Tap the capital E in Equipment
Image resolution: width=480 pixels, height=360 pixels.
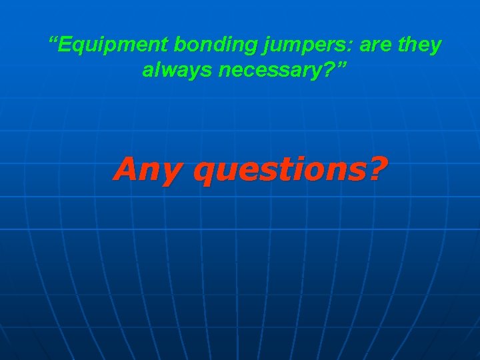(64, 45)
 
